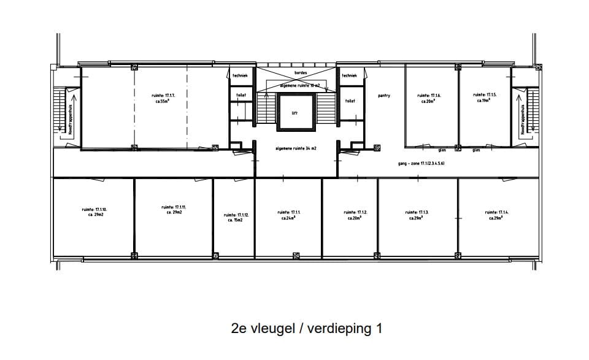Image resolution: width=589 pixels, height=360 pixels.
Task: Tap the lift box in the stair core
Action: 294,113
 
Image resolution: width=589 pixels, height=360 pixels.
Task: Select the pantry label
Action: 383,96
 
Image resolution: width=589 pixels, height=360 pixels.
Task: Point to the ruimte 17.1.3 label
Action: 417,215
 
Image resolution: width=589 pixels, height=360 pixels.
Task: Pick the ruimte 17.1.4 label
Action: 496,215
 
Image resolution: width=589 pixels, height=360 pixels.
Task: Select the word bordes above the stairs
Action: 301,72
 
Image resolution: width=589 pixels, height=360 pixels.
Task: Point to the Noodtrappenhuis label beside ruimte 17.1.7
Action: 70,120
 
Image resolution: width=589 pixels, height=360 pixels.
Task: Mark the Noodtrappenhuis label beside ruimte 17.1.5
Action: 523,120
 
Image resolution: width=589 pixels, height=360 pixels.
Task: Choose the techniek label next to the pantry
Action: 349,75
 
